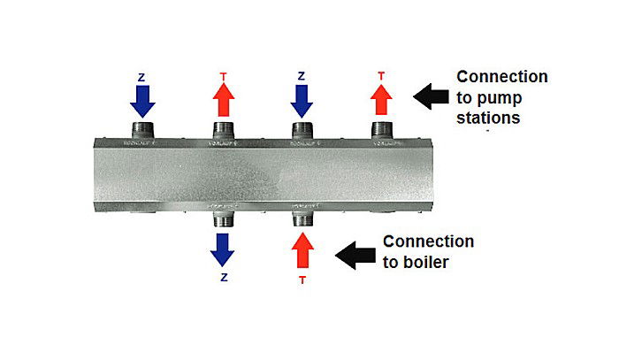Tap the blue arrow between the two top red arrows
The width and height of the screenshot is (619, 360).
click(302, 102)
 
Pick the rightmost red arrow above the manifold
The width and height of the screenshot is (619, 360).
click(381, 101)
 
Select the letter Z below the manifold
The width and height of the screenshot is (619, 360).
click(223, 277)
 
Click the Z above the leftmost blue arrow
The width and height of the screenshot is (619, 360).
click(141, 77)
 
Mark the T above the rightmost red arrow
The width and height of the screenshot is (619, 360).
click(381, 76)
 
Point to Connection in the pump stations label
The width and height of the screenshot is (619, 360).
click(501, 77)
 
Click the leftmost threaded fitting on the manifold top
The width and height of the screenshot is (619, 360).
click(141, 130)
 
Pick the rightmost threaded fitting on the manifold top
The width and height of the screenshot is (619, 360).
click(381, 130)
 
